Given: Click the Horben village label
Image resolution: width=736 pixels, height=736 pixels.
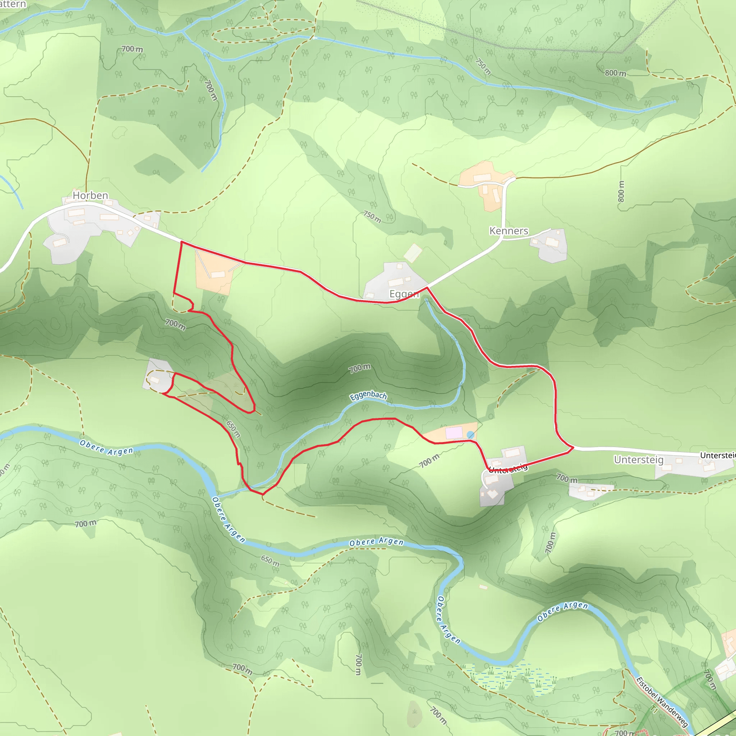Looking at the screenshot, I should [90, 195].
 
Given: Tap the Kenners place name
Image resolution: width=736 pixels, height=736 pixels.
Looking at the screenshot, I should [509, 231].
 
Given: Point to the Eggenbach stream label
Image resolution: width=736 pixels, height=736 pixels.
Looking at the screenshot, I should [368, 396].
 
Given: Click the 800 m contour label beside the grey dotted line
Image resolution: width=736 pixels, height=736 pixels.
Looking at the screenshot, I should [615, 73].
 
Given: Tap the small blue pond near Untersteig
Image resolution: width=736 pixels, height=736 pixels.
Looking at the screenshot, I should [470, 435].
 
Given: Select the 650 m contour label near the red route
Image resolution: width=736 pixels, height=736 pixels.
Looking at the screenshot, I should [233, 429].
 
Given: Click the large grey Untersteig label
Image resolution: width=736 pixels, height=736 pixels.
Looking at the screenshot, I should [639, 460].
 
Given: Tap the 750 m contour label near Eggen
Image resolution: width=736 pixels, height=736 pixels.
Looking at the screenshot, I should [372, 217].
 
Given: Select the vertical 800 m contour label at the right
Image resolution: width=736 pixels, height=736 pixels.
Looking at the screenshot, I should [621, 191].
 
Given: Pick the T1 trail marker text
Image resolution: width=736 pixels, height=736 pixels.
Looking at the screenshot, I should [654, 709].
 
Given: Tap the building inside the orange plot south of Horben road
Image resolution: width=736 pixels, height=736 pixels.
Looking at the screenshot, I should [218, 274].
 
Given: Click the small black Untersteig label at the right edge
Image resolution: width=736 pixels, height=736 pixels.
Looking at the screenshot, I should [718, 455].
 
